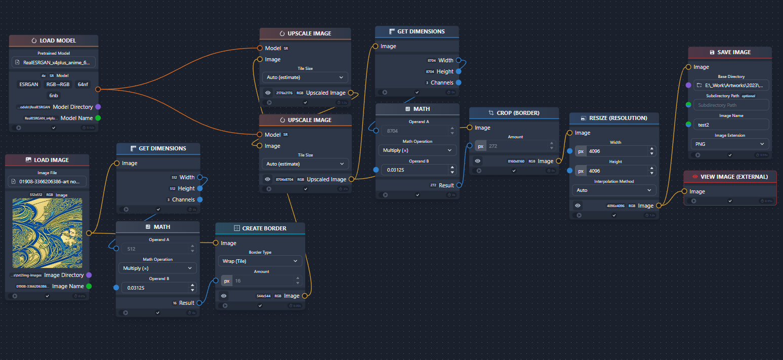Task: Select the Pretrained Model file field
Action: pos(54,63)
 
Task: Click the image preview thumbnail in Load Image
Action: pos(47,233)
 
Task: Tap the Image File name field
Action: pos(47,182)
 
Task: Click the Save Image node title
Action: pos(729,52)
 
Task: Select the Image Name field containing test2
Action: pos(729,125)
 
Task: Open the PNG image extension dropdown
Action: pos(729,144)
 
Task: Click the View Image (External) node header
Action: pos(729,177)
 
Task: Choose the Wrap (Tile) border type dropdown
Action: pos(260,261)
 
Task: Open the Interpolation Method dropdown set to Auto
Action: pos(614,190)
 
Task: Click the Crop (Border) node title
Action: pos(514,113)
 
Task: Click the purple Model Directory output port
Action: pos(98,107)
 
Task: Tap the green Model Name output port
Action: pos(98,118)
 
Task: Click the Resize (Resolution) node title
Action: pos(614,118)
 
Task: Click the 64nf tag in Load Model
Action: pos(83,85)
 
